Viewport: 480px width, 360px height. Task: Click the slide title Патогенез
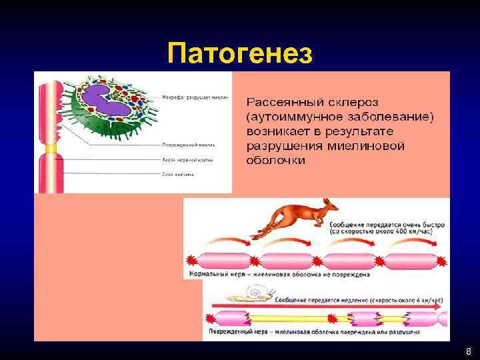click(240, 53)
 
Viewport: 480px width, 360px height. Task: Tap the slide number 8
click(468, 351)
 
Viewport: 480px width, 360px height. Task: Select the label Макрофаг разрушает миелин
click(195, 97)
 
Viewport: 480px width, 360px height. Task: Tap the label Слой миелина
click(178, 175)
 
